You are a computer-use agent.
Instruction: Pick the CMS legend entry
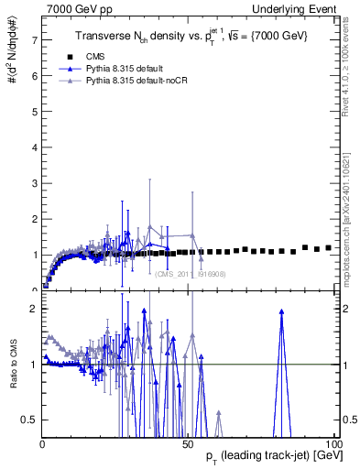click(107, 57)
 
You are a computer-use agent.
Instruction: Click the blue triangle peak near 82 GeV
click(281, 311)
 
